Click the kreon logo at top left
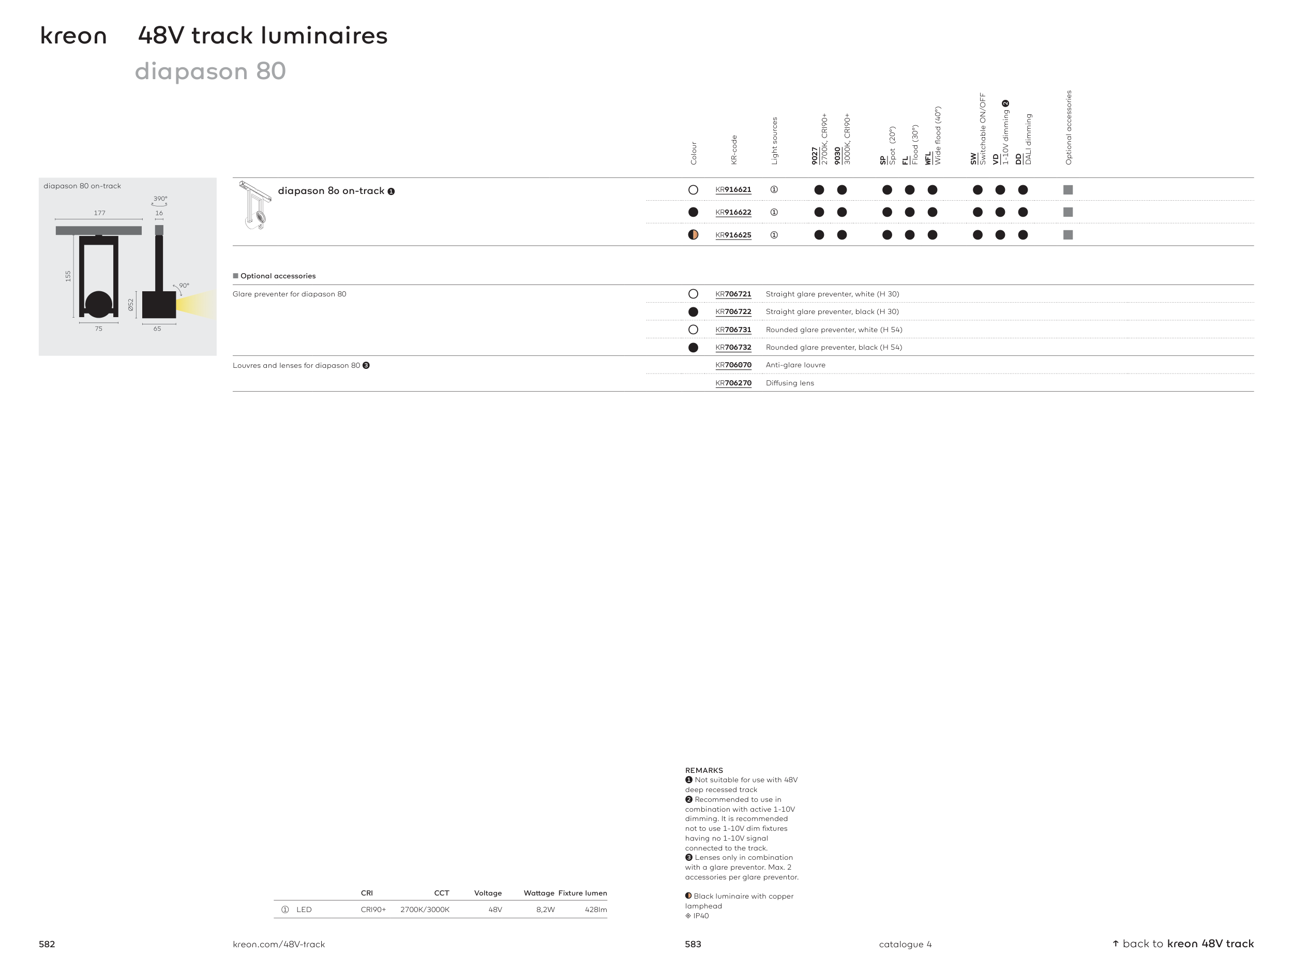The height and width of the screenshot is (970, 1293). coord(73,36)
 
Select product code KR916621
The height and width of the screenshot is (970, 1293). coord(733,189)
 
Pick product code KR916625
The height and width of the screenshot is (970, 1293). coord(733,235)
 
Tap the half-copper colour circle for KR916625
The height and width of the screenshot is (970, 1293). coord(693,235)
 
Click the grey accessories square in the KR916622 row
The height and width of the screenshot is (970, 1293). coord(1068,212)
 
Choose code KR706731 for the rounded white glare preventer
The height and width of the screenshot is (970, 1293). coord(733,330)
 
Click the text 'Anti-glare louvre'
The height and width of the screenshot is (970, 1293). coord(795,365)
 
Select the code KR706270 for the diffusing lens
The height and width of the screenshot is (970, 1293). coord(733,383)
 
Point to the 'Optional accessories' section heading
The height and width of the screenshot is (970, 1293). coord(278,276)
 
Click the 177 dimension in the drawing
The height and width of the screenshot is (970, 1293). coord(100,213)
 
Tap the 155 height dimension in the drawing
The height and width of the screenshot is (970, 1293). coord(68,276)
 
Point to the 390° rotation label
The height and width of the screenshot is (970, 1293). coord(160,199)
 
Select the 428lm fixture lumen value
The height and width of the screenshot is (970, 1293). coord(596,910)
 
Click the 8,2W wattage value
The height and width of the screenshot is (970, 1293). coord(545,910)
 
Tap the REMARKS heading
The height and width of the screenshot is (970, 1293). coord(704,771)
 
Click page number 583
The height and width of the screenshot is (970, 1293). coord(693,944)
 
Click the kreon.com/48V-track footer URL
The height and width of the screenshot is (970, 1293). coord(279,944)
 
